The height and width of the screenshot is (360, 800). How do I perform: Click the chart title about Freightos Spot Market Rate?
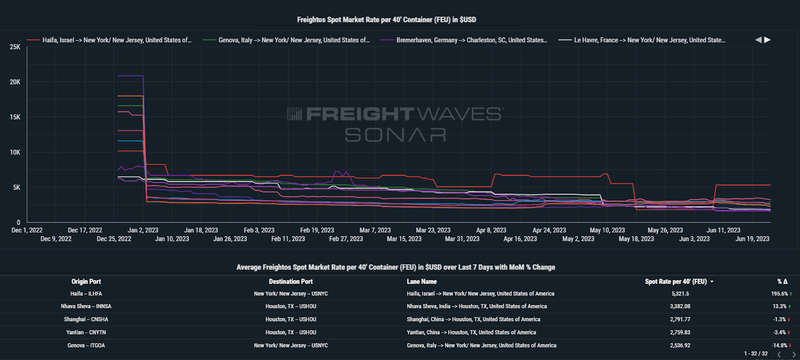386,19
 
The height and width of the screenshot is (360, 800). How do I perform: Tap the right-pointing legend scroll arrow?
767,39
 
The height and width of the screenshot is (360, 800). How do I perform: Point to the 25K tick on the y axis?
15,47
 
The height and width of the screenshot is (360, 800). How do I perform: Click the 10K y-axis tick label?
15,152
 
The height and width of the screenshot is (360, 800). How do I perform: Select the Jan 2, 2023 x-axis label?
143,230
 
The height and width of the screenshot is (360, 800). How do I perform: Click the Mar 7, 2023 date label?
375,230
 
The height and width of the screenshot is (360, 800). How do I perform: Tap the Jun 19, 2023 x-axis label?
752,239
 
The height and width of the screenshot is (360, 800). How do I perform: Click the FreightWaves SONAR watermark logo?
395,124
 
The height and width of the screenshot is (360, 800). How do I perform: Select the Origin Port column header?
86,281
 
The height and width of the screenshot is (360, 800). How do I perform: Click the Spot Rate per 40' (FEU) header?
675,281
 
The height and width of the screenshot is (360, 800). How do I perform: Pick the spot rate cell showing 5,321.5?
680,294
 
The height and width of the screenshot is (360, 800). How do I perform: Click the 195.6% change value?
779,294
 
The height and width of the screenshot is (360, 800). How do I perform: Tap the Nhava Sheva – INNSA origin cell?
86,306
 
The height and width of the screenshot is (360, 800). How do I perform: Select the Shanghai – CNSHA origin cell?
86,319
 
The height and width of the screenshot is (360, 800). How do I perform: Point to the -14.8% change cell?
779,345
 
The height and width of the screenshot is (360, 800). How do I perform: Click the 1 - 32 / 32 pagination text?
755,353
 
